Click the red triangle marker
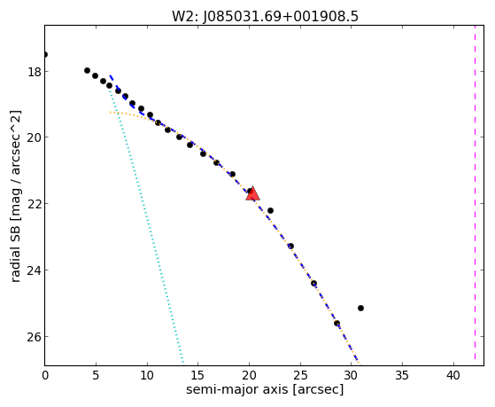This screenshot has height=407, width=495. [x=252, y=194]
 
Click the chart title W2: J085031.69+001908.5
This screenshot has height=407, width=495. [x=265, y=17]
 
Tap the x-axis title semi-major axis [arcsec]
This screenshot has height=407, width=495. [x=265, y=389]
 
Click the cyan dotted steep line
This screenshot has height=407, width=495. [x=146, y=226]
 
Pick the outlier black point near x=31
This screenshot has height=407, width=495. [x=360, y=308]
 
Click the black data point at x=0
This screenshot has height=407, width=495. [x=45, y=54]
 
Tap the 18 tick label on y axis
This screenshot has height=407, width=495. [x=35, y=72]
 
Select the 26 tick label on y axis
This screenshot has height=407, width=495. [x=35, y=337]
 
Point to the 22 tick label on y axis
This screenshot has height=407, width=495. [x=35, y=204]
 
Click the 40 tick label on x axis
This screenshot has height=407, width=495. [x=453, y=375]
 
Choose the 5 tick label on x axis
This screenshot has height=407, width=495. [x=96, y=375]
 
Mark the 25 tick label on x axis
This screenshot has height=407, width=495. [x=300, y=375]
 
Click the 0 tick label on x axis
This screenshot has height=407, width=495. [x=45, y=375]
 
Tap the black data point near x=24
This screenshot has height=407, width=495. [x=290, y=246]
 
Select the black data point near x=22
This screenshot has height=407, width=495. [x=270, y=210]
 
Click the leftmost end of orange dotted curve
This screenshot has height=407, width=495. [x=110, y=113]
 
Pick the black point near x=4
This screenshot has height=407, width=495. [x=87, y=70]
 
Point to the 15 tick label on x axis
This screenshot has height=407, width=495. [x=198, y=375]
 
